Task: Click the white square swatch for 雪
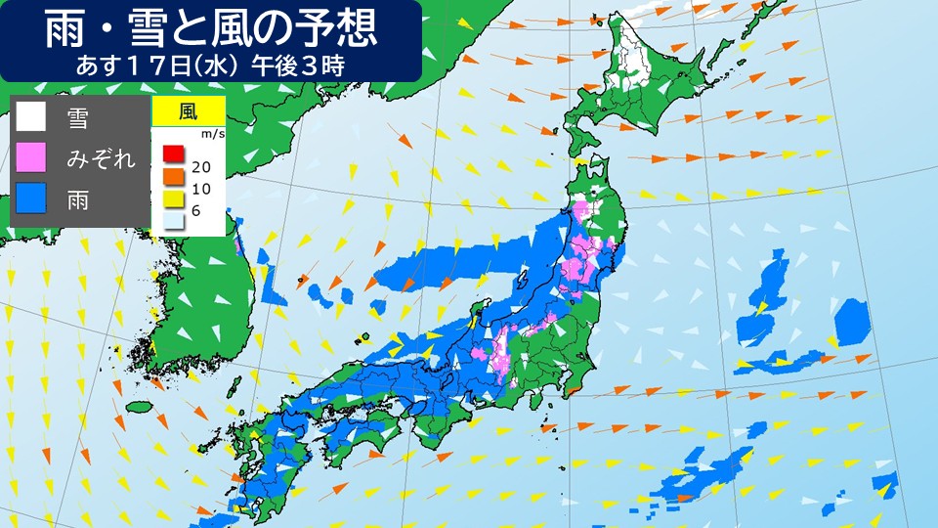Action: (x=31, y=117)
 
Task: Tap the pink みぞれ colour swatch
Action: (x=31, y=157)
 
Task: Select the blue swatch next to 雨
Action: (x=31, y=198)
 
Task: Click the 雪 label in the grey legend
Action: (x=77, y=118)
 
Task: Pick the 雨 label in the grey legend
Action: (x=77, y=199)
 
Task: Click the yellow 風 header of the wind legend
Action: (x=188, y=110)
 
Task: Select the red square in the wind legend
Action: (x=173, y=154)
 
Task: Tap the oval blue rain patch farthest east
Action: (x=852, y=321)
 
